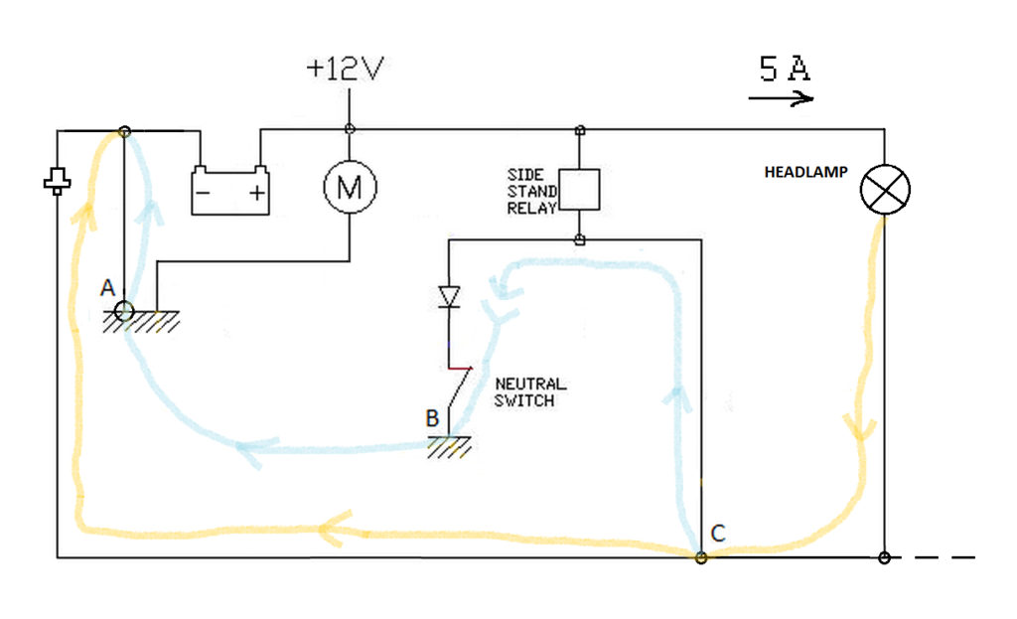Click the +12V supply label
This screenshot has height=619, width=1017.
pyautogui.click(x=345, y=69)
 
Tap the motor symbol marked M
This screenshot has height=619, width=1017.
pyautogui.click(x=350, y=187)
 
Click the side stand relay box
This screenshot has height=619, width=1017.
pyautogui.click(x=579, y=189)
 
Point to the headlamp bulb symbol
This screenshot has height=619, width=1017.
pyautogui.click(x=885, y=189)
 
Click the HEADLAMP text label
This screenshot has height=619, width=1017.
pyautogui.click(x=805, y=172)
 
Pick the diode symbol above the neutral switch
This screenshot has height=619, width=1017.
pyautogui.click(x=449, y=296)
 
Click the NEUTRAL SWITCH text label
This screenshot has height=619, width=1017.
pyautogui.click(x=529, y=391)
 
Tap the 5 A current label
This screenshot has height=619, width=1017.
pyautogui.click(x=784, y=69)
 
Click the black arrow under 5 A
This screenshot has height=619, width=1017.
pyautogui.click(x=782, y=98)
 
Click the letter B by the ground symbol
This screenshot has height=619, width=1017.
pyautogui.click(x=432, y=418)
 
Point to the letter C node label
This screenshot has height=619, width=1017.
pyautogui.click(x=718, y=533)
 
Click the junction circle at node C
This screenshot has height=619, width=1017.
pyautogui.click(x=701, y=557)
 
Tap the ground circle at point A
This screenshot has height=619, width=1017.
pyautogui.click(x=124, y=311)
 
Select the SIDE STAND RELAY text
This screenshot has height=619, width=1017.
pyautogui.click(x=525, y=192)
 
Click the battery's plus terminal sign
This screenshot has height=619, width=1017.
pyautogui.click(x=257, y=193)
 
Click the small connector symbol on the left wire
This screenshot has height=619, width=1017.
pyautogui.click(x=58, y=181)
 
